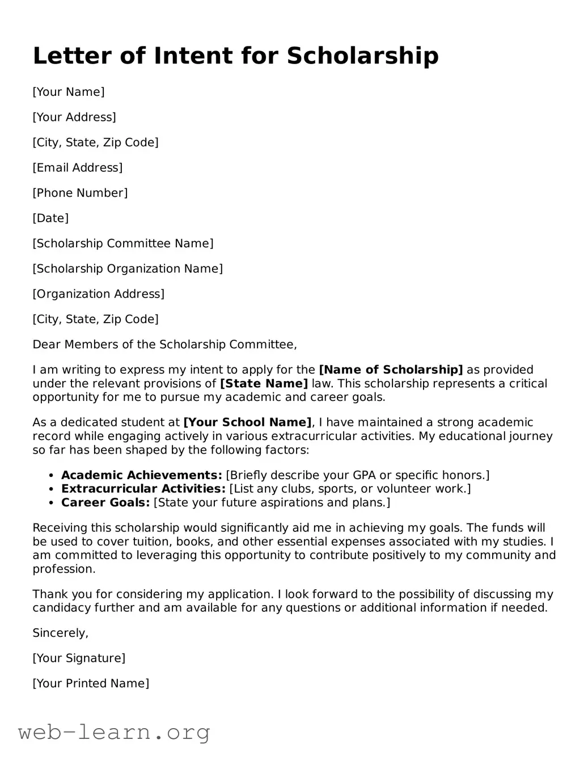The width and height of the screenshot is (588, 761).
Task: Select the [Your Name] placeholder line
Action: [69, 92]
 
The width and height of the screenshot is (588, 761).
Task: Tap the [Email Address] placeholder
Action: [78, 167]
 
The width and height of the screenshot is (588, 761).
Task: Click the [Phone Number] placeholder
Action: [80, 193]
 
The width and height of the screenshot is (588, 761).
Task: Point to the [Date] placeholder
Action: [50, 218]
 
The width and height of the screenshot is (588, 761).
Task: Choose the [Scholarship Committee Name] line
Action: [123, 243]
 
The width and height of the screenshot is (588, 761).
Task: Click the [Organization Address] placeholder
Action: [99, 294]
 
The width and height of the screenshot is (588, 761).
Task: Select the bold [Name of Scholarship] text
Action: [391, 370]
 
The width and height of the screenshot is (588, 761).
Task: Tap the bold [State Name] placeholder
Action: [264, 383]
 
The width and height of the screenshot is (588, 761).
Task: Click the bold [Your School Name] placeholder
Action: [247, 422]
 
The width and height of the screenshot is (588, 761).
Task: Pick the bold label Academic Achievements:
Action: [142, 475]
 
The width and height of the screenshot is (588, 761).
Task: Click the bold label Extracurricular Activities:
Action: [143, 489]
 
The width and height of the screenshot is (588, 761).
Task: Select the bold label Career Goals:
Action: [105, 502]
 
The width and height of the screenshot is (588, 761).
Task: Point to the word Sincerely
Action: [60, 633]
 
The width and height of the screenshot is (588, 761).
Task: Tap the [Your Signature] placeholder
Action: [79, 658]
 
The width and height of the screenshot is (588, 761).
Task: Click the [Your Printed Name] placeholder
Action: [91, 683]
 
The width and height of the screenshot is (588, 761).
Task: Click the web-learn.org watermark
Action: [114, 732]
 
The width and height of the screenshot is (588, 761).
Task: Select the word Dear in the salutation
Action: [46, 344]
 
